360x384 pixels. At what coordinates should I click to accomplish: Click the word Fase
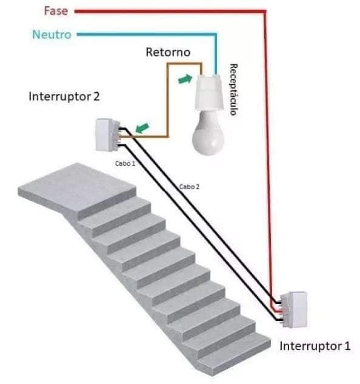[56, 10]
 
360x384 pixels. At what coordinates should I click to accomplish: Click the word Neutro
[52, 35]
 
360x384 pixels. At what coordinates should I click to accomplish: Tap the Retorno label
[167, 52]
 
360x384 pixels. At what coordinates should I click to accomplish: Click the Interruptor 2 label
[64, 97]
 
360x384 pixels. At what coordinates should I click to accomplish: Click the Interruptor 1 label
[315, 346]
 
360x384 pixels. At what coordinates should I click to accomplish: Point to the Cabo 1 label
[125, 164]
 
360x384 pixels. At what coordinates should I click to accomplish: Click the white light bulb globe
[207, 134]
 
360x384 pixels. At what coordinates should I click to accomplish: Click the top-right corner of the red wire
[265, 11]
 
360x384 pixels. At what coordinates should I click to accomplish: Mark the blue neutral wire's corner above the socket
[214, 35]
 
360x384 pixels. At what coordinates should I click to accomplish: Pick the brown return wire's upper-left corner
[168, 62]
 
